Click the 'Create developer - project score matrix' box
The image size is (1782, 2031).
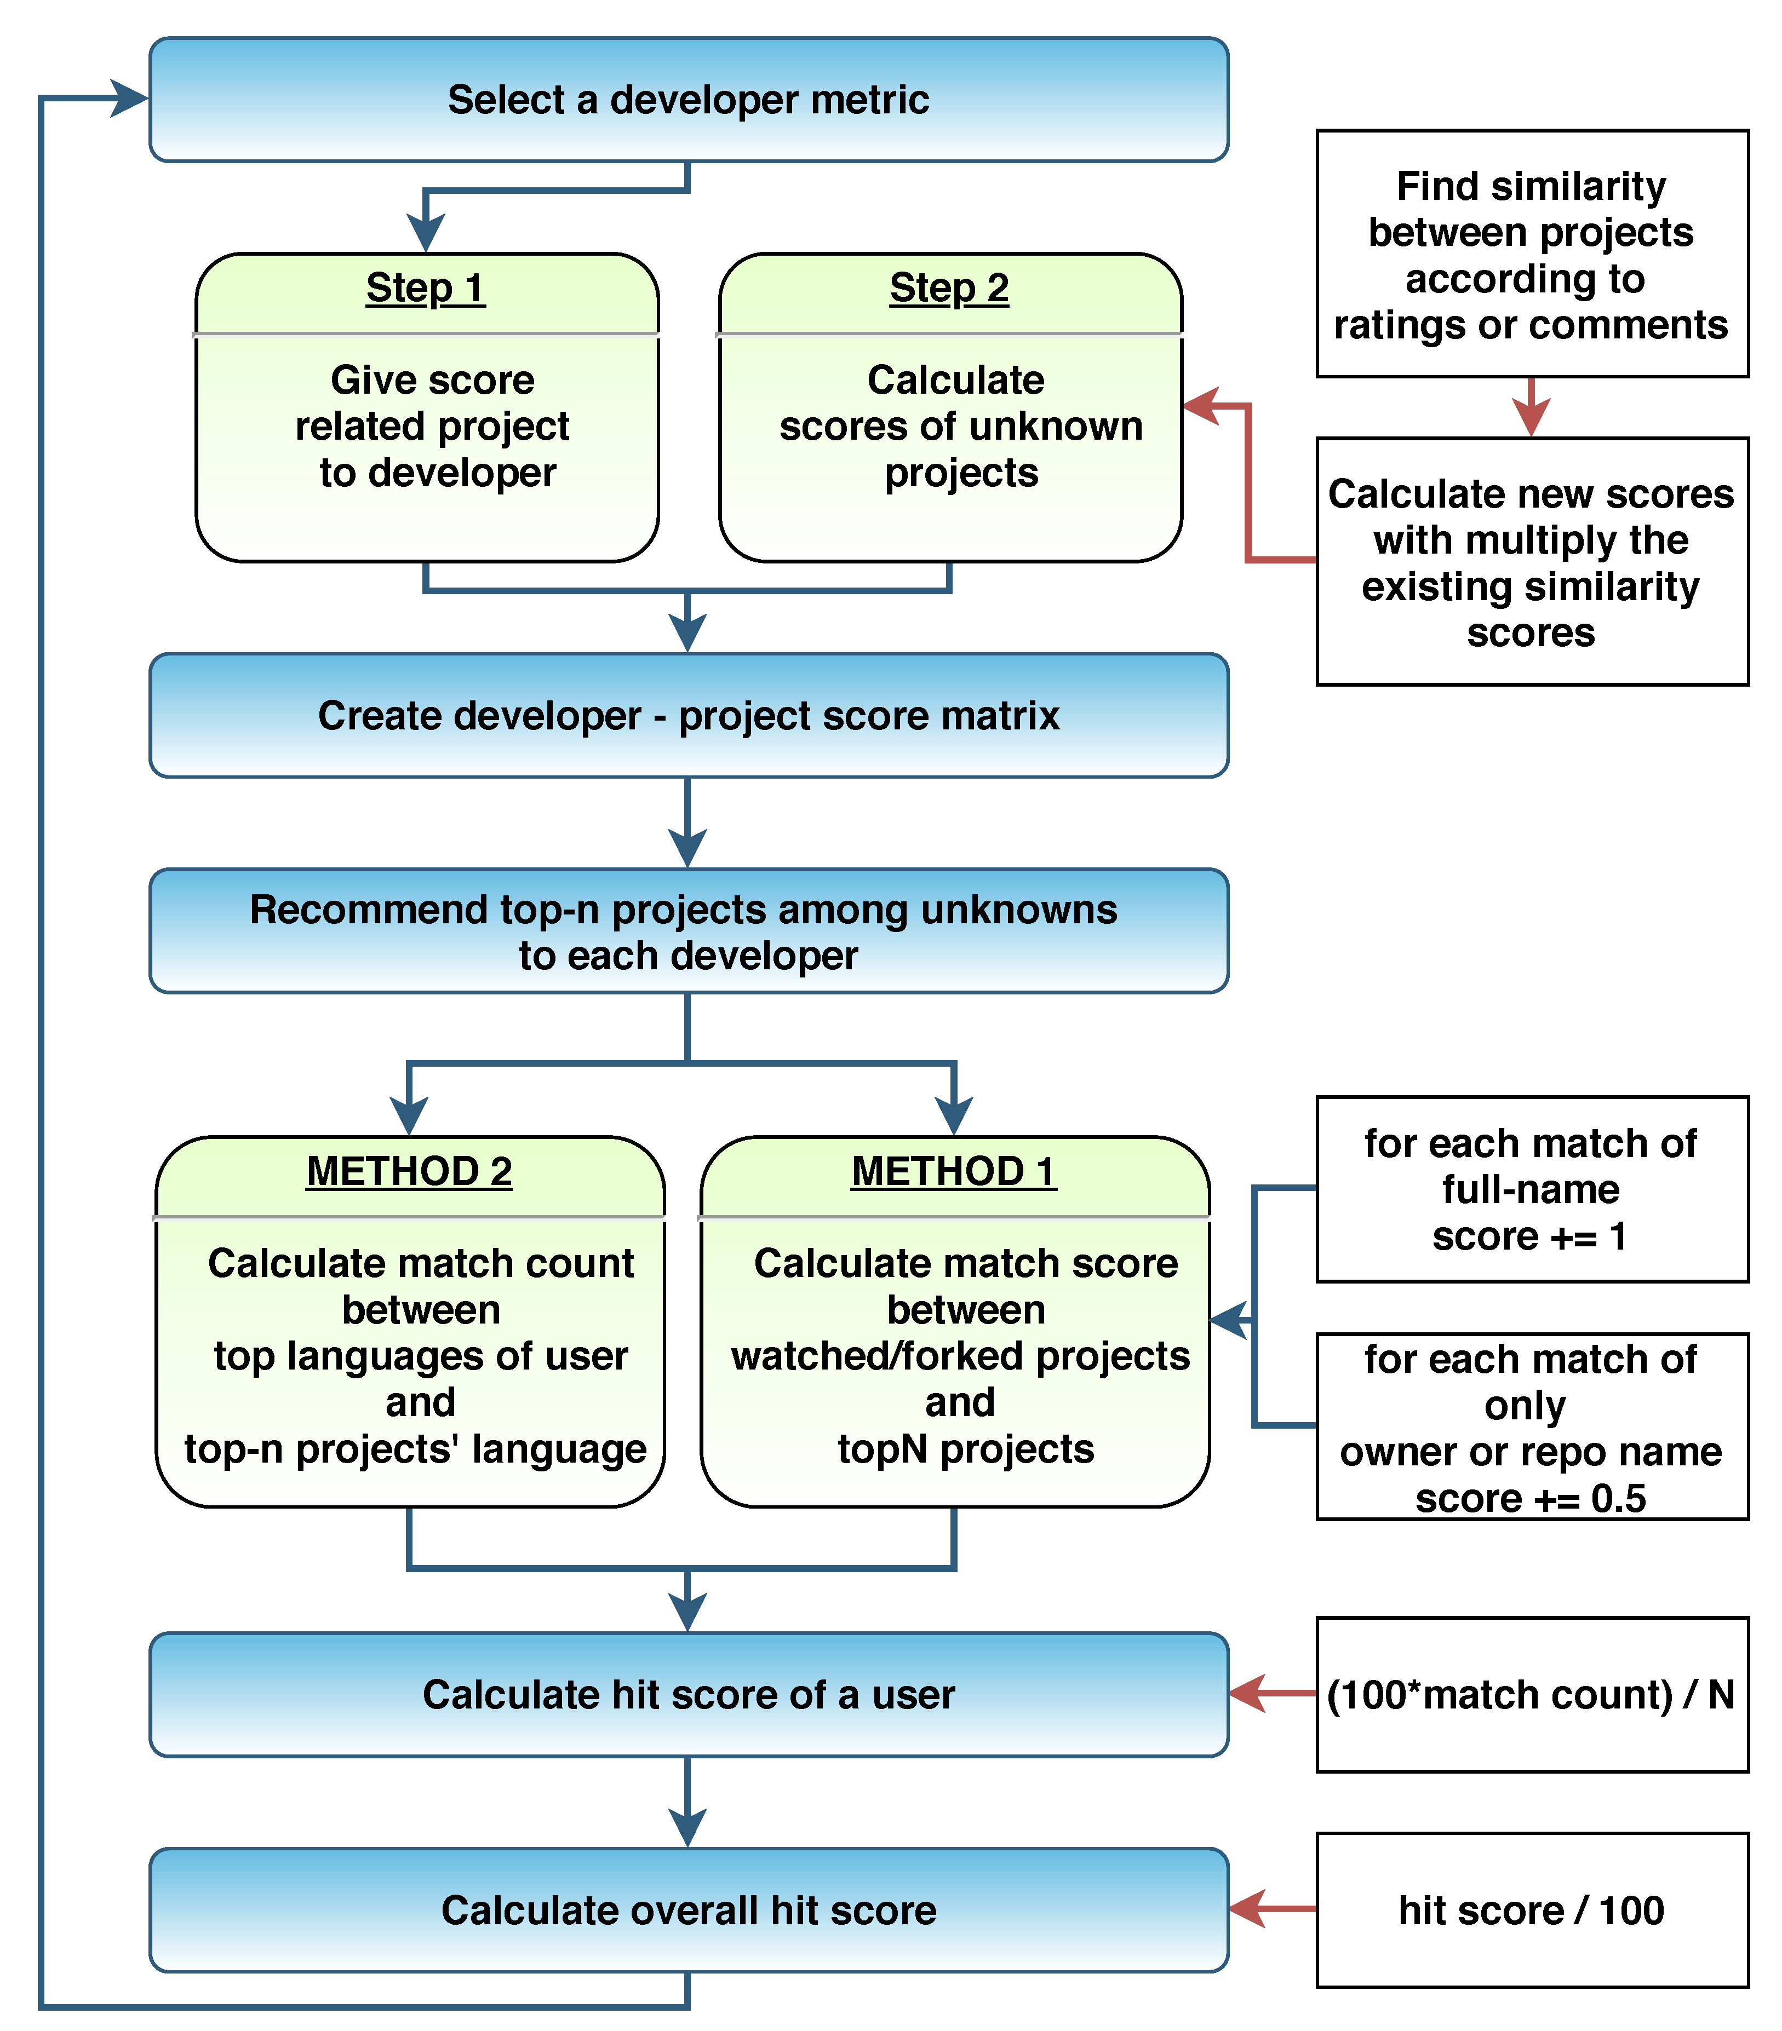click(687, 715)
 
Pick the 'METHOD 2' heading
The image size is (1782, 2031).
click(409, 1171)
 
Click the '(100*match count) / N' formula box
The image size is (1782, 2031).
click(1531, 1694)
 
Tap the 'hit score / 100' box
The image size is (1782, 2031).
click(1531, 1910)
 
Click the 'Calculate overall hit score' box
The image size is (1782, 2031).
click(687, 1910)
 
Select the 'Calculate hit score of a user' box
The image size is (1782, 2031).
click(687, 1694)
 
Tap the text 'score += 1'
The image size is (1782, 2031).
click(1528, 1236)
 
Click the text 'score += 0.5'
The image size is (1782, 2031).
click(1531, 1498)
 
